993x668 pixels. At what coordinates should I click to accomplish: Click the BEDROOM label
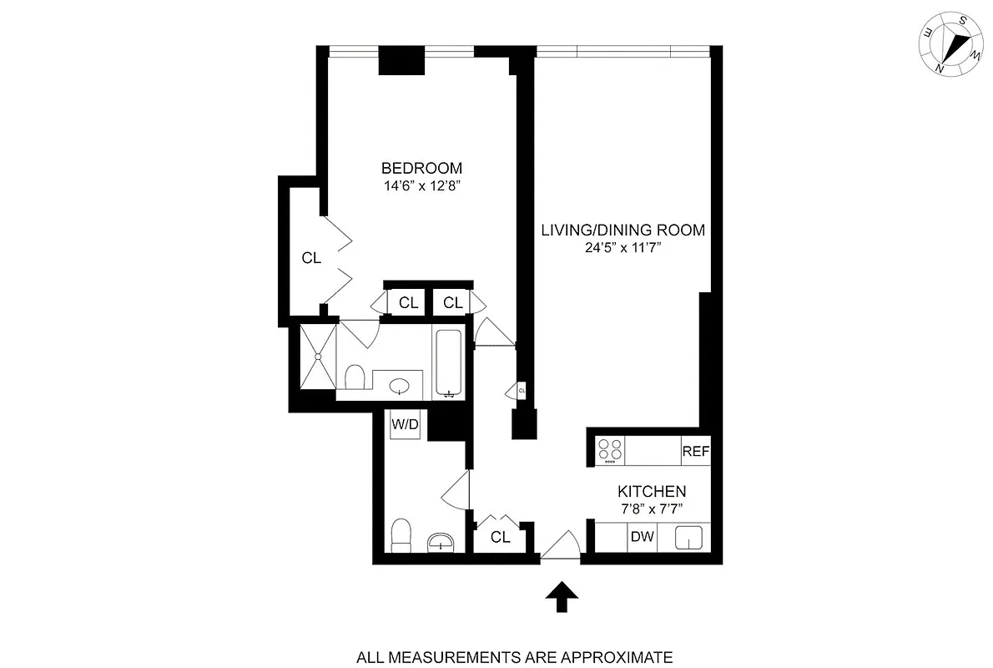click(x=421, y=168)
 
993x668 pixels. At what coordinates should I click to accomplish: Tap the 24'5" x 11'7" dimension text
click(x=623, y=247)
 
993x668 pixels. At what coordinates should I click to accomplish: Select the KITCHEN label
click(x=652, y=492)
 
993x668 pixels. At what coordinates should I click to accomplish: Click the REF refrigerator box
click(x=695, y=451)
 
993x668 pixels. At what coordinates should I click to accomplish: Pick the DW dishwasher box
click(x=642, y=538)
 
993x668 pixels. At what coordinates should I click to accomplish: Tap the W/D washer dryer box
click(x=406, y=424)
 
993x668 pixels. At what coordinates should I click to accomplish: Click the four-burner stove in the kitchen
click(x=611, y=450)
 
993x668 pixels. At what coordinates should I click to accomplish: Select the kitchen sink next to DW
click(x=688, y=538)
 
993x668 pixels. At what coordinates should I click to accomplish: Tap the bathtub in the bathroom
click(x=448, y=362)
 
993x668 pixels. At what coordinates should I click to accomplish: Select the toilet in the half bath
click(x=402, y=534)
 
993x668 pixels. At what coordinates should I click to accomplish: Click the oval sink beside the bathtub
click(x=401, y=387)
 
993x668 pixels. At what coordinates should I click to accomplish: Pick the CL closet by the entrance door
click(x=500, y=538)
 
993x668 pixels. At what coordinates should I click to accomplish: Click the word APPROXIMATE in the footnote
click(x=614, y=657)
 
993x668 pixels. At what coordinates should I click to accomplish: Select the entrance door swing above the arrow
click(x=562, y=544)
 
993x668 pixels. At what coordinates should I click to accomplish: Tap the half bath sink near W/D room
click(x=440, y=544)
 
